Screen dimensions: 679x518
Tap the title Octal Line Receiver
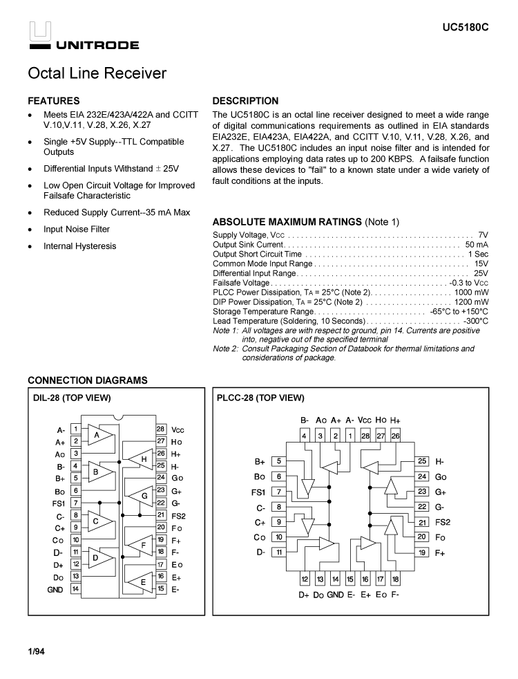(97, 73)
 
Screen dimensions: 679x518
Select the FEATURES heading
(53, 101)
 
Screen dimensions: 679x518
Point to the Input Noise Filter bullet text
(77, 230)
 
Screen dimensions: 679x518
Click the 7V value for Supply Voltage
(483, 235)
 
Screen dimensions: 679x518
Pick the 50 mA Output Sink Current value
(477, 245)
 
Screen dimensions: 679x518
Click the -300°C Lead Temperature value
(474, 321)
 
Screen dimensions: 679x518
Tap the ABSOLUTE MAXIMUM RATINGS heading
(287, 222)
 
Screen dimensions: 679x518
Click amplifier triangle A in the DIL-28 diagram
(97, 436)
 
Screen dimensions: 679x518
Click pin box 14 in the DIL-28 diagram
(75, 590)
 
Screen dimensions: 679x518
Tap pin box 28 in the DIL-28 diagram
(160, 429)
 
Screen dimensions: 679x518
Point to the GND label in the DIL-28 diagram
(55, 590)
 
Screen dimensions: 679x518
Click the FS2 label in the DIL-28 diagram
(179, 515)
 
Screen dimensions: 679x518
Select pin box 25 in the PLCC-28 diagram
(422, 461)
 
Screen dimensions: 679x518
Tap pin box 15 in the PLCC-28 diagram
(350, 579)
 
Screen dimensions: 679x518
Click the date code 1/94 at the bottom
(36, 651)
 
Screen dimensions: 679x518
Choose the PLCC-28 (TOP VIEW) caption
(260, 398)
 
